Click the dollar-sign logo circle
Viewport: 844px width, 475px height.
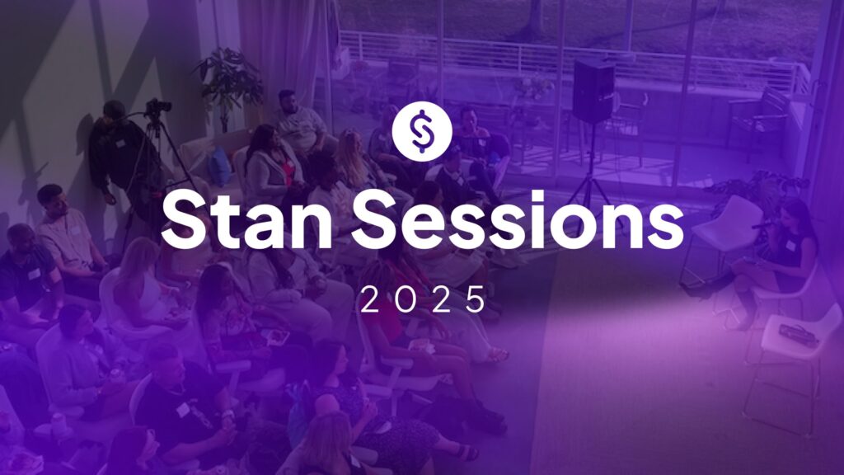(422, 132)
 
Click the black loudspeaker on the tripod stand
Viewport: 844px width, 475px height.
(593, 91)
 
